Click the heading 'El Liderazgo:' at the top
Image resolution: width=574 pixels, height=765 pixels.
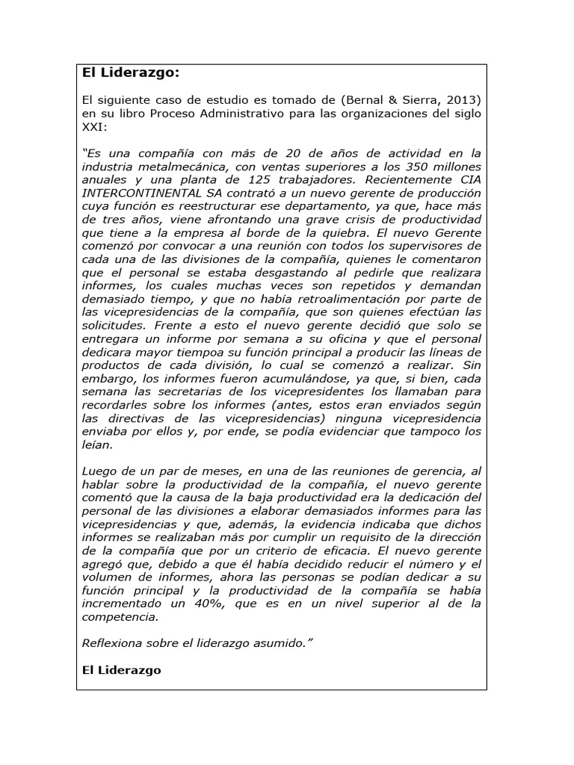(131, 73)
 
